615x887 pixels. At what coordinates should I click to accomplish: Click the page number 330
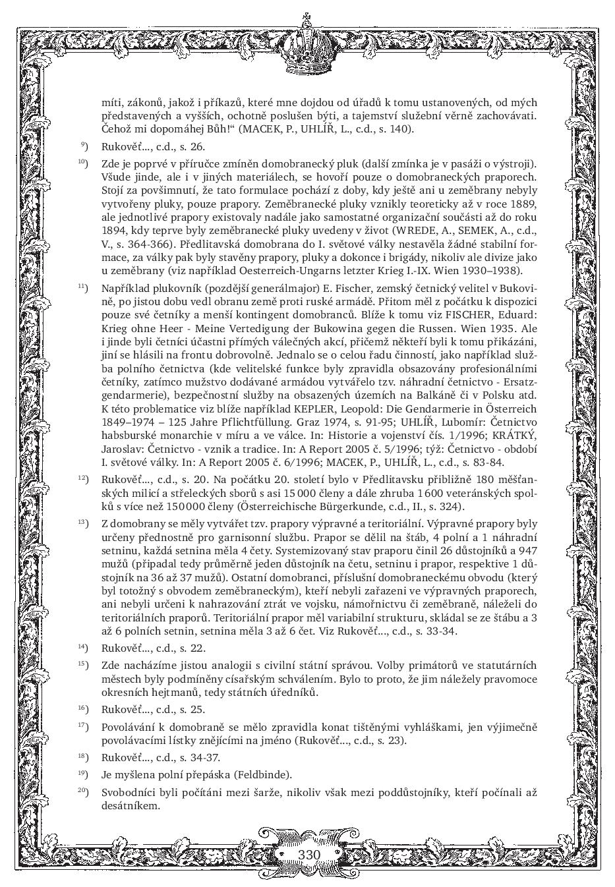pos(308,855)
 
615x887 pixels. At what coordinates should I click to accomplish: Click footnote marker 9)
pos(84,146)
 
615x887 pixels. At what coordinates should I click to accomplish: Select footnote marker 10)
pos(83,162)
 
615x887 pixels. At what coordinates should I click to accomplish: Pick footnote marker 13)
pos(83,523)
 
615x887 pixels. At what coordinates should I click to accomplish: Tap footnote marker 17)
pos(83,726)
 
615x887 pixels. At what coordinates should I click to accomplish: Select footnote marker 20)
pos(83,791)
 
